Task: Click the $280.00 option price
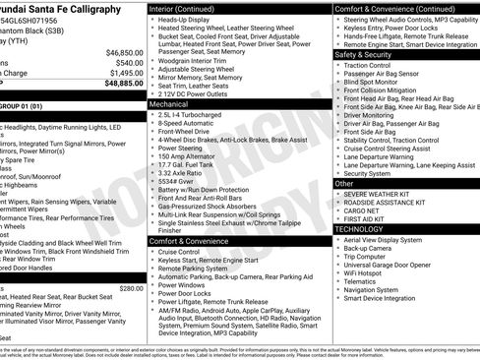[131, 288]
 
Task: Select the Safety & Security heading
[363, 54]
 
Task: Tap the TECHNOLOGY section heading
[360, 228]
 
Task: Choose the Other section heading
[344, 183]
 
